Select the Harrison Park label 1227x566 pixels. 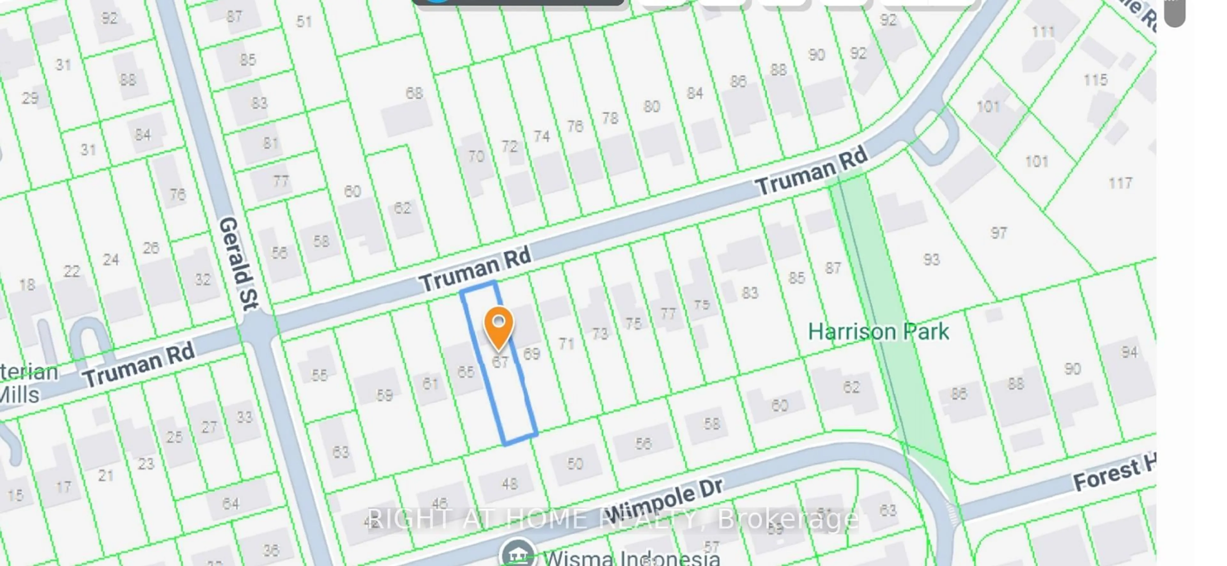[878, 332]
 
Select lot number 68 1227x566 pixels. [414, 93]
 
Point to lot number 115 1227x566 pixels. [1095, 80]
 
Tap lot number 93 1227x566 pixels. [931, 259]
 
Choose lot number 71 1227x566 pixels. [566, 343]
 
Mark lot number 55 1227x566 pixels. [319, 375]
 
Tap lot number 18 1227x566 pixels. [27, 285]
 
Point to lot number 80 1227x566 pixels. [652, 106]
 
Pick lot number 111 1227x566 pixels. [1043, 32]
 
